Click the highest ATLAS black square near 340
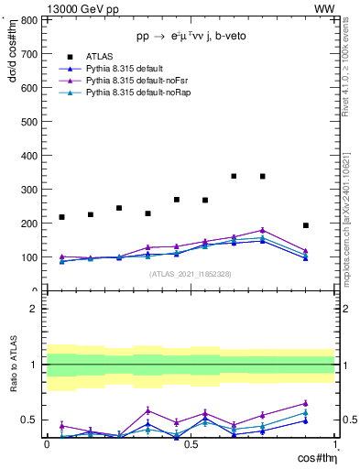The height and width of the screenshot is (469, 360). pos(234,176)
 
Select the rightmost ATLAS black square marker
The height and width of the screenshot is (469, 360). pos(306,225)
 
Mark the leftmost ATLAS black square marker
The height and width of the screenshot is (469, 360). pos(61,217)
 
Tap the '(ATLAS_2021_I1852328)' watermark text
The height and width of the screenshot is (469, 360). pos(190,274)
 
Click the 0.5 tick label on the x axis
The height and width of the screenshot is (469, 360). pos(191,444)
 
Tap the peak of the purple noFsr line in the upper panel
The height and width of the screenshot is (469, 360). pos(263,230)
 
